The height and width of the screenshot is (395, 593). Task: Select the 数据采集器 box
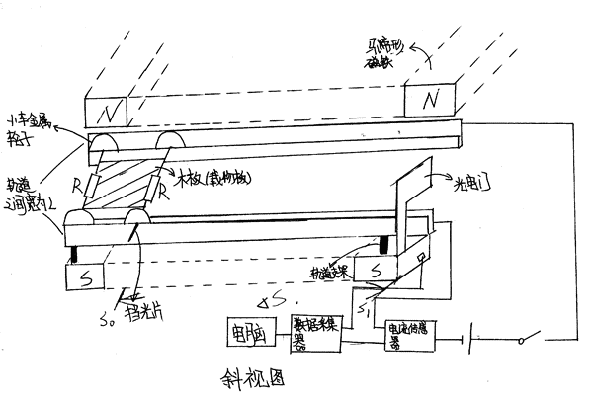315,332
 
